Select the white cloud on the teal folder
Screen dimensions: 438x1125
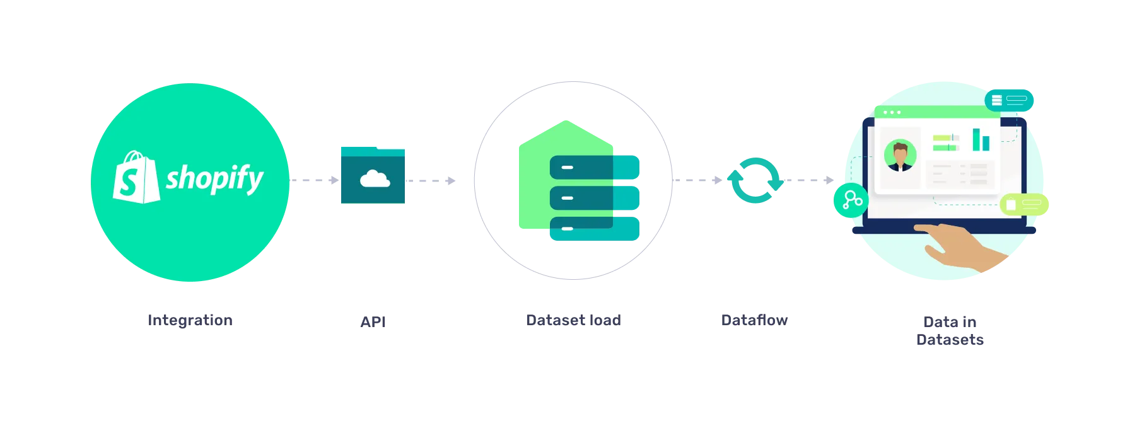(x=374, y=180)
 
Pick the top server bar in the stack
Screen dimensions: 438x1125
(x=594, y=167)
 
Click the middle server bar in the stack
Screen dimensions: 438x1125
(x=594, y=197)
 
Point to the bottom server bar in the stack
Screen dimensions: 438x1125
(x=594, y=228)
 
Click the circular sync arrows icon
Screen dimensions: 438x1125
(x=755, y=180)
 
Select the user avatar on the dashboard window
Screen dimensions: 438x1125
(x=900, y=156)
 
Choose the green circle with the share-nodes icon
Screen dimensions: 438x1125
(x=851, y=201)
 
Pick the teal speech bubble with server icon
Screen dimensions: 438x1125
(x=1009, y=100)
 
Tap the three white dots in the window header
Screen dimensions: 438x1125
(x=892, y=113)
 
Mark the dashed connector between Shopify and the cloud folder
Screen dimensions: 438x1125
(x=314, y=180)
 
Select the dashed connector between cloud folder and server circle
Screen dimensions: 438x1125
(x=440, y=181)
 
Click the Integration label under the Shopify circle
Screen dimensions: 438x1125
(x=189, y=320)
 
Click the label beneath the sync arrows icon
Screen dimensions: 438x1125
(x=755, y=320)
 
